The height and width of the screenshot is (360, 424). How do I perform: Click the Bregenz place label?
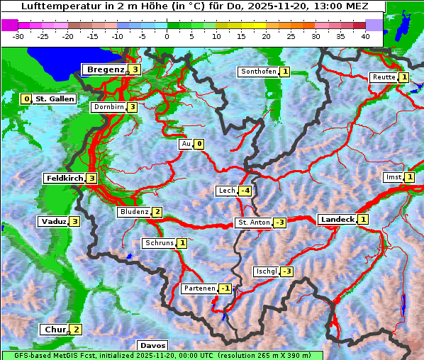click(x=106, y=69)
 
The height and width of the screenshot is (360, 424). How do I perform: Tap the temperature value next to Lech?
click(x=245, y=191)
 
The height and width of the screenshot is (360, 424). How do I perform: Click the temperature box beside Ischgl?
click(x=286, y=271)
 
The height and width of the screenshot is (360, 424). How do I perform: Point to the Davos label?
click(x=152, y=345)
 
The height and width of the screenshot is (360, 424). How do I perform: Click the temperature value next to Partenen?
click(x=225, y=288)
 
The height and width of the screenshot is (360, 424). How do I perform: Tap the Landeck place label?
click(x=337, y=220)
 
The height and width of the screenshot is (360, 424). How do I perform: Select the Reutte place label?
click(x=384, y=77)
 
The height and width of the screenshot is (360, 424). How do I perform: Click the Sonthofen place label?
click(x=259, y=72)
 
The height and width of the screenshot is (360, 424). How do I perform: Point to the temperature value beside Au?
click(x=199, y=144)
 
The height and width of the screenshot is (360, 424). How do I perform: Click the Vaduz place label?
click(x=53, y=221)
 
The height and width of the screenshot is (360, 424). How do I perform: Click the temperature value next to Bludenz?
click(x=157, y=212)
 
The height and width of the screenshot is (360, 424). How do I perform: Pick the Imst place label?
click(x=392, y=177)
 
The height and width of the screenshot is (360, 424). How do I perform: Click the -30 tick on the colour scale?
click(x=18, y=36)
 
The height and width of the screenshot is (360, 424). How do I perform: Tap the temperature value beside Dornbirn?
click(x=132, y=107)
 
